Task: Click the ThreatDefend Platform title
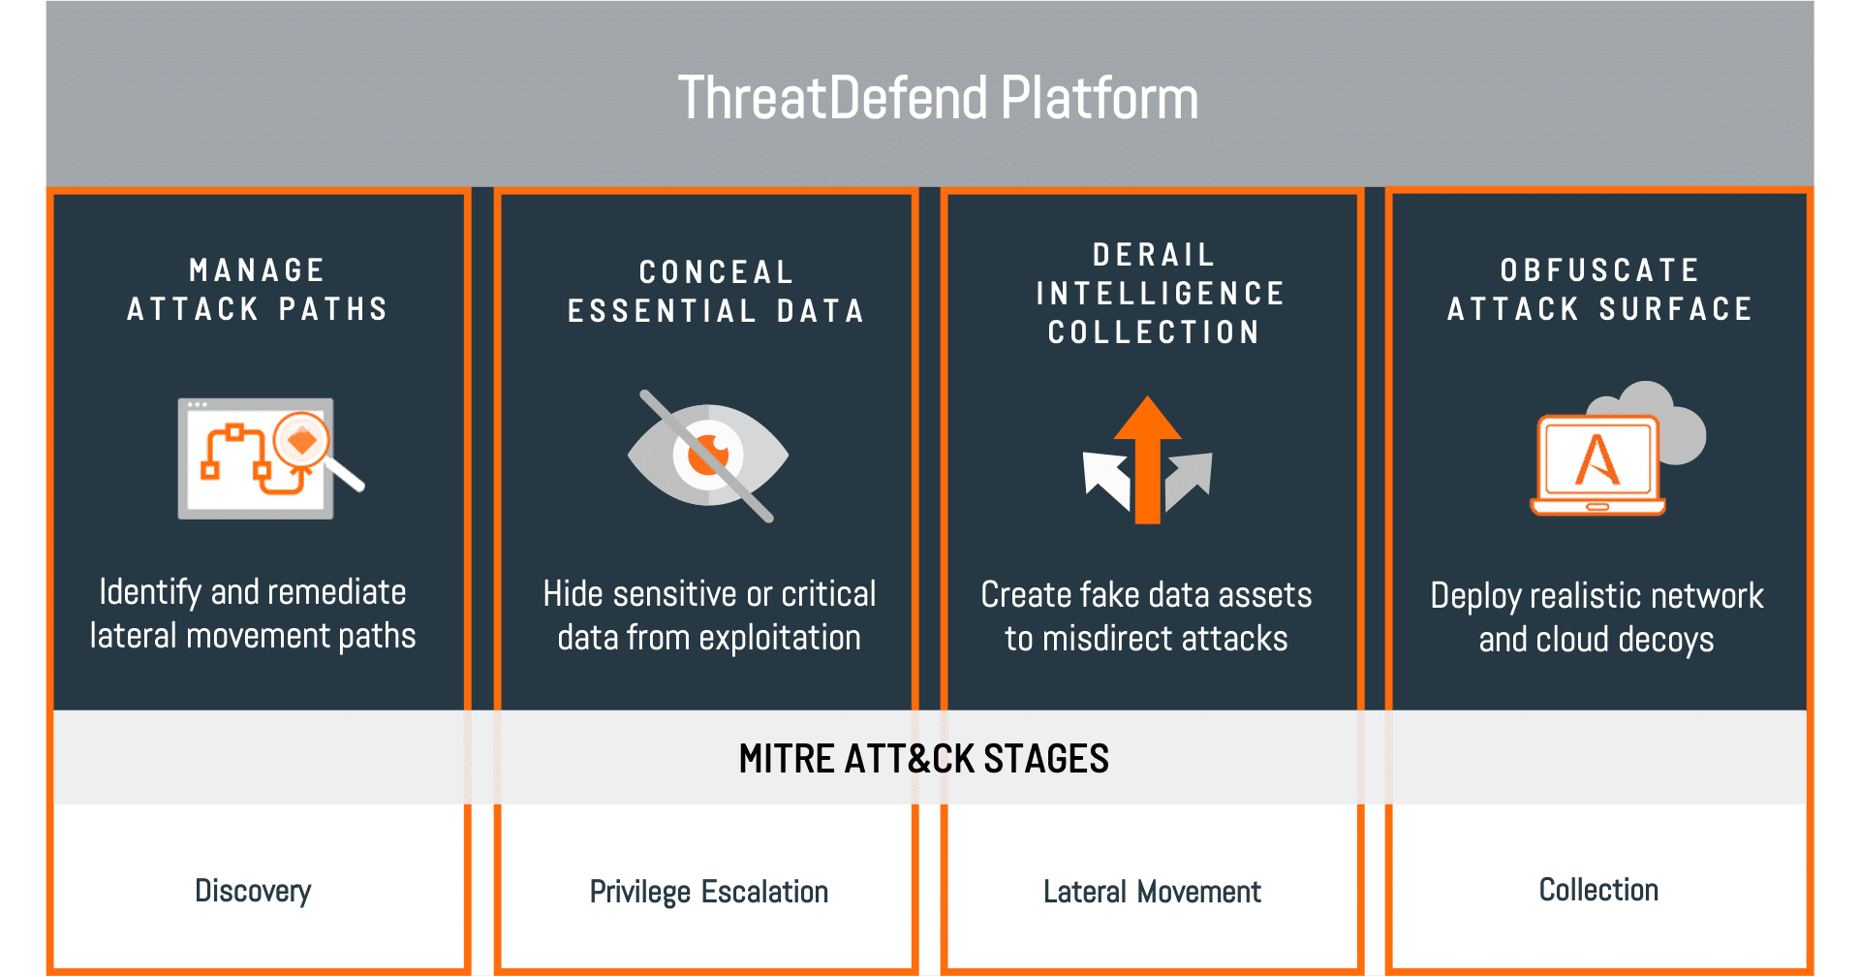point(938,98)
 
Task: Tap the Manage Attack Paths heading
point(258,289)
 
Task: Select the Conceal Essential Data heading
point(715,291)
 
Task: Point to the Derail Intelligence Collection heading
point(1160,293)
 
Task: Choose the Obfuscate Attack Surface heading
point(1599,289)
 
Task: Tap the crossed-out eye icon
point(708,456)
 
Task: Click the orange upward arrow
point(1148,459)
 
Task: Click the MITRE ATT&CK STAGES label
point(924,758)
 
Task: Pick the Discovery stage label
point(253,891)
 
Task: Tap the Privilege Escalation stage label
point(709,892)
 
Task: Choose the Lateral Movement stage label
point(1152,892)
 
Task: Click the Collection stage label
point(1598,890)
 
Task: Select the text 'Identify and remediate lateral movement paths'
point(253,614)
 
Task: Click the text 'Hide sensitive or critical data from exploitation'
point(709,615)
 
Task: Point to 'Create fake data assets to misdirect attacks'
point(1146,616)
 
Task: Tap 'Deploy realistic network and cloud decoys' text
point(1596,617)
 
